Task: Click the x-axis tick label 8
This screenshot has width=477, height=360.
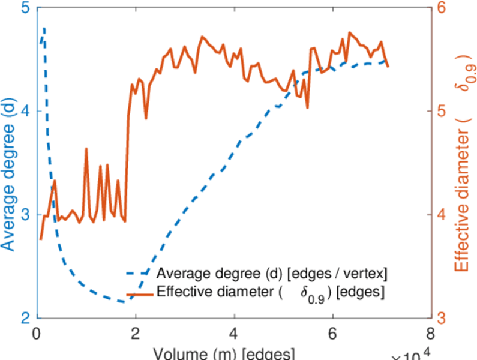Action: point(430,334)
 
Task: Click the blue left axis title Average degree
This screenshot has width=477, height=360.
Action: point(8,174)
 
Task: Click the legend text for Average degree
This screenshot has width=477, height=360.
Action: point(271,274)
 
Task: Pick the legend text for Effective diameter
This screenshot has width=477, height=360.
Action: point(270,293)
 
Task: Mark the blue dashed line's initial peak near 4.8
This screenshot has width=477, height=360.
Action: point(44,28)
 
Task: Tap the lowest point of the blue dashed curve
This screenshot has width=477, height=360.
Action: point(123,302)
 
